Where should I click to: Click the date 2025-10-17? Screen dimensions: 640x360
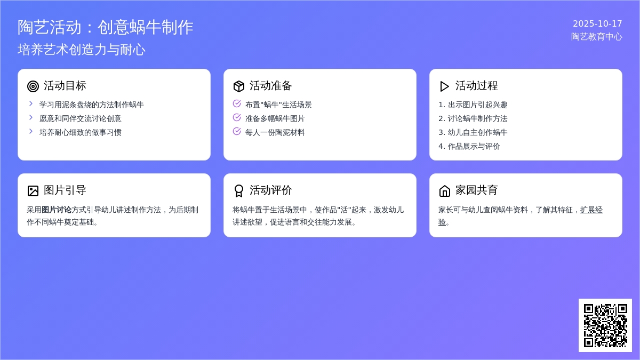click(597, 23)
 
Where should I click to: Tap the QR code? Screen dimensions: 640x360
click(605, 325)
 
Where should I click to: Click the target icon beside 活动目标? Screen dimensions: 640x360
click(33, 86)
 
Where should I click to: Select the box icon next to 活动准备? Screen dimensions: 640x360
click(238, 86)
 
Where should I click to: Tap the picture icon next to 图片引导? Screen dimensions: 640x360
click(33, 191)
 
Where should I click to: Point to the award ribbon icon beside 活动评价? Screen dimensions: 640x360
click(238, 191)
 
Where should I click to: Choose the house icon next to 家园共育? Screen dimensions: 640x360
click(444, 191)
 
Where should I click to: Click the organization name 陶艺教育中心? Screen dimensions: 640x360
click(597, 37)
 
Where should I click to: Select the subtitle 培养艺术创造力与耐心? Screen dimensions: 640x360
click(82, 50)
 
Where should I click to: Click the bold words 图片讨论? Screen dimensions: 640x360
click(57, 210)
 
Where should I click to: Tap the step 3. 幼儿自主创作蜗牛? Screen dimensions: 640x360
click(473, 132)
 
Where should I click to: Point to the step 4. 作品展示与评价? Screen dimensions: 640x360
click(469, 146)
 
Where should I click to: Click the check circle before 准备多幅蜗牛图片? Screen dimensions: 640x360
click(237, 117)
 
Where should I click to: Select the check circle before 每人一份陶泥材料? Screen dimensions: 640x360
click(237, 131)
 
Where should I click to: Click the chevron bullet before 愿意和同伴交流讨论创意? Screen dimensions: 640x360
click(31, 117)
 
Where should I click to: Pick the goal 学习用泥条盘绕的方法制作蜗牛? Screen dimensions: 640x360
click(91, 105)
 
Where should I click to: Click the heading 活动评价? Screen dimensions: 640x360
click(270, 190)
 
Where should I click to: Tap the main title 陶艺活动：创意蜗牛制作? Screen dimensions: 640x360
click(106, 27)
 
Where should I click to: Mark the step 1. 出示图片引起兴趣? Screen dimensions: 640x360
click(473, 105)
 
